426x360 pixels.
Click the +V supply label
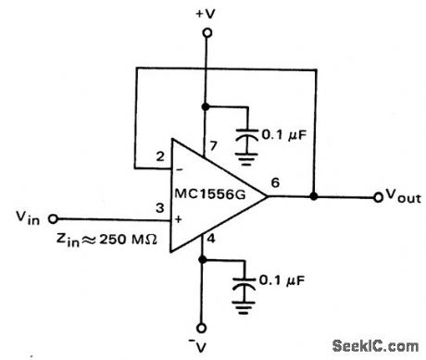[206, 14]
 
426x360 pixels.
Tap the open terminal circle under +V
[207, 32]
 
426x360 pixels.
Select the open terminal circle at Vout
[377, 197]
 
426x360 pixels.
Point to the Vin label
[29, 217]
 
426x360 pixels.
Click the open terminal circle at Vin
[53, 218]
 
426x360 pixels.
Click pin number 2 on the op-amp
[160, 155]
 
